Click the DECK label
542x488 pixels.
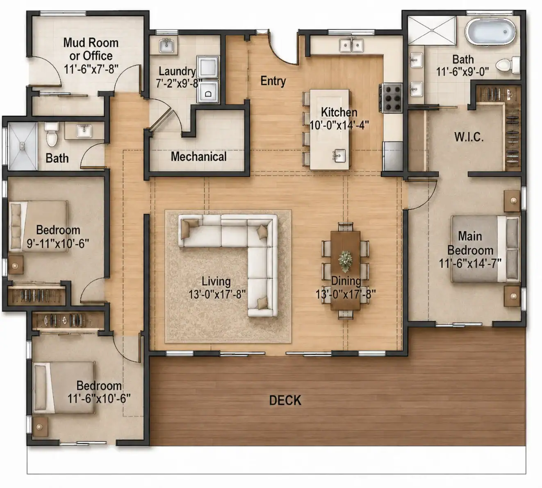(x=285, y=400)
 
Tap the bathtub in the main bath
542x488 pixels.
(x=490, y=32)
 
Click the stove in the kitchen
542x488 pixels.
(x=391, y=98)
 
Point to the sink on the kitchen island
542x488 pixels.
(x=339, y=155)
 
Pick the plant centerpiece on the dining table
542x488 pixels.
(x=345, y=261)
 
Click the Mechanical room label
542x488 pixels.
(x=198, y=157)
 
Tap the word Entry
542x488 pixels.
(x=273, y=81)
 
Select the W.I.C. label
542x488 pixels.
(x=469, y=137)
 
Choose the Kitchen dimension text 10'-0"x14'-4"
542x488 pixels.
(x=339, y=125)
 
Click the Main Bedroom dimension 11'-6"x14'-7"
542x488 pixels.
(x=470, y=263)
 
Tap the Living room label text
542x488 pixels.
(x=216, y=281)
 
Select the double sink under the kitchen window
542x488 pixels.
(x=351, y=45)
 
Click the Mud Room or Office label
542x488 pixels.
(x=91, y=49)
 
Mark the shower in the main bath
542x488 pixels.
(x=432, y=30)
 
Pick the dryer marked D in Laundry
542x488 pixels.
(x=208, y=91)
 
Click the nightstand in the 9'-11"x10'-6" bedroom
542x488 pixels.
(x=16, y=265)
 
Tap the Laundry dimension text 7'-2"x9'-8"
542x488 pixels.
(x=179, y=83)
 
